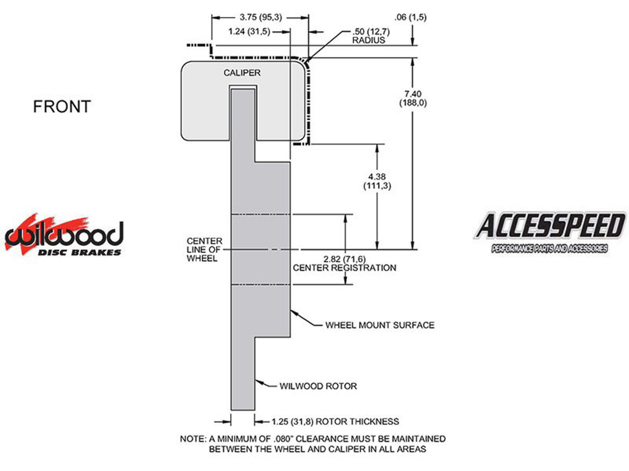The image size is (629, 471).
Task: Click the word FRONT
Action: pos(62,107)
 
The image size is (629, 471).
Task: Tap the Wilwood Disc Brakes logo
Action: pos(64,235)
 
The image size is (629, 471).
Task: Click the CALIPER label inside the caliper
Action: pos(242,73)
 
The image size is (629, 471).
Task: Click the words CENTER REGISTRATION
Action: pos(344,268)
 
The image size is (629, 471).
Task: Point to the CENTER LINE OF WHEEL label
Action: pos(204,250)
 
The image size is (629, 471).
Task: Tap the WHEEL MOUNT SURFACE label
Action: pos(379,325)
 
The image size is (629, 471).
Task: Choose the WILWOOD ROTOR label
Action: pos(318,386)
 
